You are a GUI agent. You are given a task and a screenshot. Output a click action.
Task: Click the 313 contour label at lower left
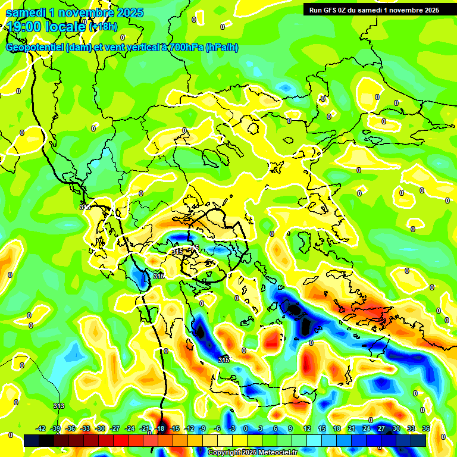[58, 406]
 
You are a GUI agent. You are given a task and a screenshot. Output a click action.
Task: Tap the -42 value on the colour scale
[41, 428]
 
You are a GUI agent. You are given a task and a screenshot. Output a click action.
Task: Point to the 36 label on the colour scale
[426, 428]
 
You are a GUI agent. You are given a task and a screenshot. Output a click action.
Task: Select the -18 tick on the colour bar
[159, 428]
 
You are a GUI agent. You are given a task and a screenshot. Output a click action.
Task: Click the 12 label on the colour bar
[307, 428]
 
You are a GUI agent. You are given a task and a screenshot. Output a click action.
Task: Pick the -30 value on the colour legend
[100, 428]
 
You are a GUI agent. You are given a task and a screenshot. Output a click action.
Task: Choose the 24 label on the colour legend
[366, 428]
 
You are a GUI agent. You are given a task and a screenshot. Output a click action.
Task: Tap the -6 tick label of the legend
[218, 428]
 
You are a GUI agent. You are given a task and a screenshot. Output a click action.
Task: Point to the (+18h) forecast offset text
[103, 27]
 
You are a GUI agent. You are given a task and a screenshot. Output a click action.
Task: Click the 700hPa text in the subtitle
[186, 48]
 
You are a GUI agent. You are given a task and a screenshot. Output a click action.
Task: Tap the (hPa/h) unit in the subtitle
[222, 48]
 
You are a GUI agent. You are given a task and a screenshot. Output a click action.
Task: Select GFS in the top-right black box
[331, 10]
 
